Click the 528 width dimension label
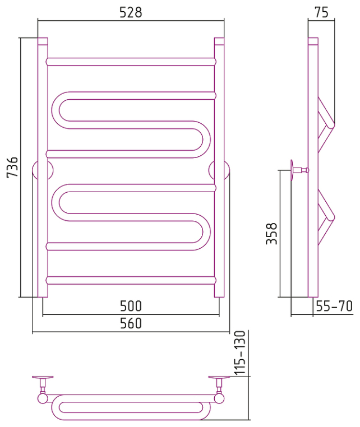131,12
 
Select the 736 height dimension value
12,167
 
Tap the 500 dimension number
131,306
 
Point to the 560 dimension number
131,323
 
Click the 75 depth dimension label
321,12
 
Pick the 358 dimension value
271,234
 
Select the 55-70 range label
334,306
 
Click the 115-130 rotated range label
240,353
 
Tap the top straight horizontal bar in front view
131,62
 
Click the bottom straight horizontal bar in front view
131,280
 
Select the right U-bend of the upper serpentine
201,140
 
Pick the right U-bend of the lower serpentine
201,232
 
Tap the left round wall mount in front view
43,171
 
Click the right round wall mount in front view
219,171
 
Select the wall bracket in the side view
299,170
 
